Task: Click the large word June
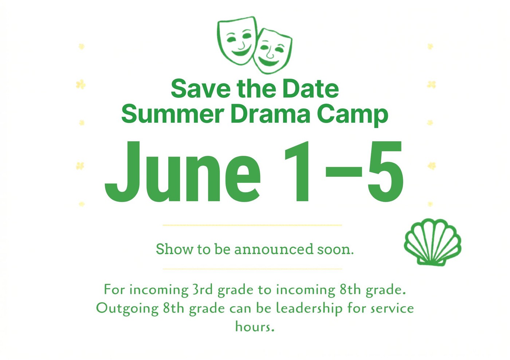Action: click(x=183, y=172)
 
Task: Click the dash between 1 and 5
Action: click(x=344, y=172)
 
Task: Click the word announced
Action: click(x=274, y=249)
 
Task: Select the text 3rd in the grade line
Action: click(x=203, y=290)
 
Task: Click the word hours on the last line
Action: click(x=255, y=327)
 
